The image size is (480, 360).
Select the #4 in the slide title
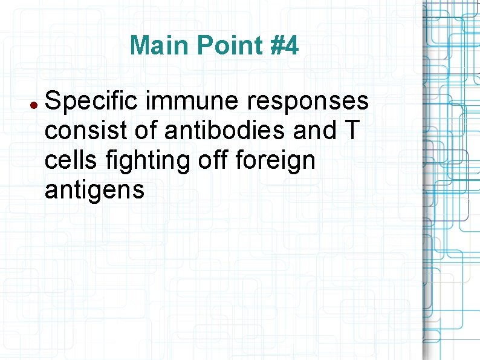pyautogui.click(x=283, y=45)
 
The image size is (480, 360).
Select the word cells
pyautogui.click(x=70, y=161)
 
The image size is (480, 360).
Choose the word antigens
pyautogui.click(x=94, y=191)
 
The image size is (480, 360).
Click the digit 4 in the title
pyautogui.click(x=291, y=45)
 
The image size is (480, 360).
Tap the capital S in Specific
pyautogui.click(x=53, y=102)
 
